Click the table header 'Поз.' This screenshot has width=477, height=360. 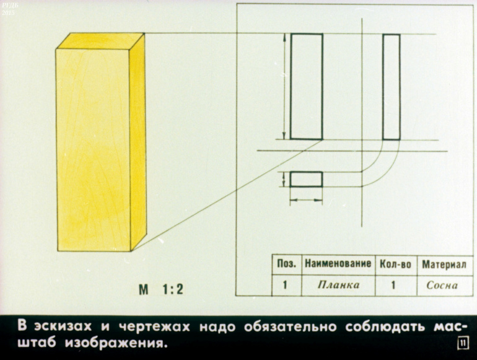click(286, 264)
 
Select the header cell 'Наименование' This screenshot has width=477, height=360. click(338, 263)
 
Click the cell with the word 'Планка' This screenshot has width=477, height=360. click(339, 285)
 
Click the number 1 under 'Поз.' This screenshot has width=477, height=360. click(285, 285)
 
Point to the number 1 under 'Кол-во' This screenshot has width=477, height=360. click(393, 285)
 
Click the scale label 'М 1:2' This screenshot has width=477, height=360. click(161, 289)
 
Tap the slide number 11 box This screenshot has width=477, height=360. click(463, 343)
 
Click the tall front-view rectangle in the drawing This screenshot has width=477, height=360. click(307, 86)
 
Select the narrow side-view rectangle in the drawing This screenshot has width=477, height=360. click(392, 87)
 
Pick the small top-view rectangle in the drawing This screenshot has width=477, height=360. click(306, 179)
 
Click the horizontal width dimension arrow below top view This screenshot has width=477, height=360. click(306, 200)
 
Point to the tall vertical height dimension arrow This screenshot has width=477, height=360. click(285, 86)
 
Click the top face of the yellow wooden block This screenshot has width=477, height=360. click(101, 41)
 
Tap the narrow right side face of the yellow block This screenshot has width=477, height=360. click(138, 142)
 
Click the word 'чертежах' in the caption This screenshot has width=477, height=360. click(154, 327)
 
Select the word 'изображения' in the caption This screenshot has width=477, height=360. click(116, 343)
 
